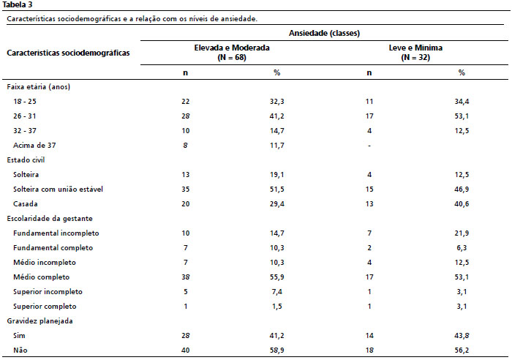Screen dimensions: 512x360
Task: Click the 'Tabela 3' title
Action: (18, 5)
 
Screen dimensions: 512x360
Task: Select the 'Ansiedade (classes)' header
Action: (324, 33)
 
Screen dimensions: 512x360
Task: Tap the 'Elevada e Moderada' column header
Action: (232, 48)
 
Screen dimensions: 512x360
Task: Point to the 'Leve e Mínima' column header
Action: (415, 48)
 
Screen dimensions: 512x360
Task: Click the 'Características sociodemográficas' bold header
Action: (68, 53)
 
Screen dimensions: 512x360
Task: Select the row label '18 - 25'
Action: (25, 102)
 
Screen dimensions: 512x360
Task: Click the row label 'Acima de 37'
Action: (34, 146)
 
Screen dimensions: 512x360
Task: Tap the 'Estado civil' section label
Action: (26, 160)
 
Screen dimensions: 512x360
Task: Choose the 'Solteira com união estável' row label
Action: (58, 190)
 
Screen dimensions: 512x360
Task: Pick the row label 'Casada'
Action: (26, 204)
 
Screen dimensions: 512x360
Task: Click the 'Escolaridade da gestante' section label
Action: (50, 219)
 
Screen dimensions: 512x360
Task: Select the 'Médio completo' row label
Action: (42, 277)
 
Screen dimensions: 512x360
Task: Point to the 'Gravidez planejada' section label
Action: (39, 321)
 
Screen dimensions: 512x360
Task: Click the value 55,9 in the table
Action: (277, 277)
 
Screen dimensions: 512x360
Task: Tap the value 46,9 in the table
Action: (462, 190)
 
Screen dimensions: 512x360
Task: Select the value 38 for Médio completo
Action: (186, 277)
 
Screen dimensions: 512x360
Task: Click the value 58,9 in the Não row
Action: (277, 350)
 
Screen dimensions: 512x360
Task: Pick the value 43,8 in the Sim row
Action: (462, 336)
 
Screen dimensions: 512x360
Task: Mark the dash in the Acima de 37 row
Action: (369, 146)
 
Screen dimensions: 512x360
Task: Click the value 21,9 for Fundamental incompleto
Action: (462, 233)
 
